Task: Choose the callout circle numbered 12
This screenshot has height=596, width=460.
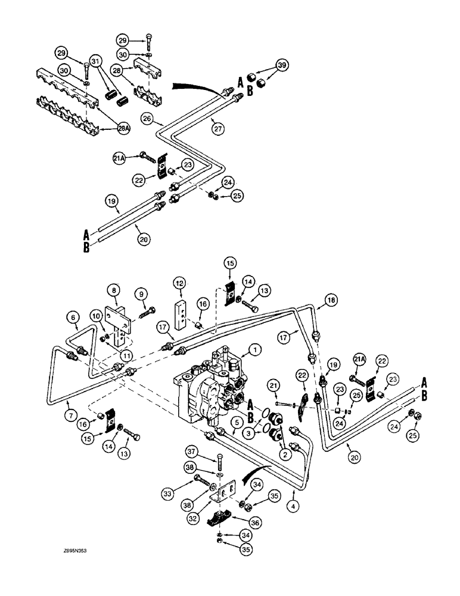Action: tap(180, 281)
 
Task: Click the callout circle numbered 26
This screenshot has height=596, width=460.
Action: tap(147, 118)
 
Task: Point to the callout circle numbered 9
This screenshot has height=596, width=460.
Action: tap(141, 294)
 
